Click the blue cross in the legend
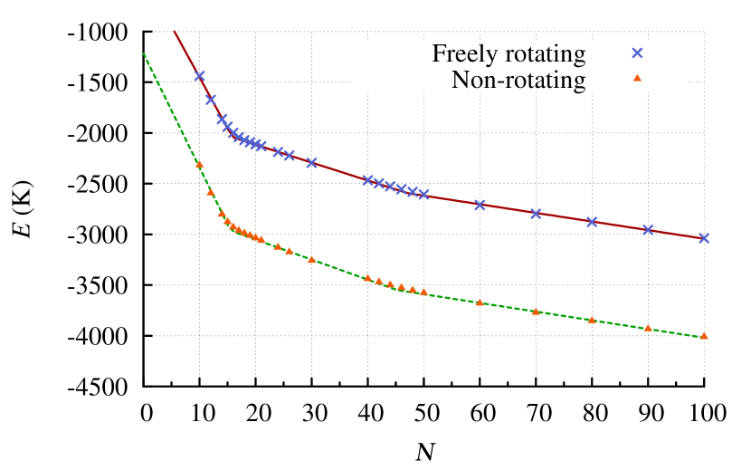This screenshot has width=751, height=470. pyautogui.click(x=637, y=53)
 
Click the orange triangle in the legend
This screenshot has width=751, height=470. pyautogui.click(x=637, y=78)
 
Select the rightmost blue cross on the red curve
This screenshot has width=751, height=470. pyautogui.click(x=704, y=238)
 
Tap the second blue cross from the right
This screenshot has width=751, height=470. pyautogui.click(x=648, y=230)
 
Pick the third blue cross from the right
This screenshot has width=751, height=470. pyautogui.click(x=592, y=222)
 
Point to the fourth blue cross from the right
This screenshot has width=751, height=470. pyautogui.click(x=536, y=214)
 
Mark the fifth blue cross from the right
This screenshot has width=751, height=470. pyautogui.click(x=480, y=205)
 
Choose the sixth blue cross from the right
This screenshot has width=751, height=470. pyautogui.click(x=423, y=195)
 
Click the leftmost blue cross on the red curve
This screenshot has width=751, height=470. pyautogui.click(x=199, y=76)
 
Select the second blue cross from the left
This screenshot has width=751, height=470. pyautogui.click(x=211, y=100)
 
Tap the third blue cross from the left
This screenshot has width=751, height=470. pyautogui.click(x=222, y=120)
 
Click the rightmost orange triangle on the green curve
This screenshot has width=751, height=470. pyautogui.click(x=704, y=336)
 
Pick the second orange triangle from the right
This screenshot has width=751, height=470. pyautogui.click(x=648, y=328)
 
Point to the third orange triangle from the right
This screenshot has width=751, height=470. pyautogui.click(x=592, y=320)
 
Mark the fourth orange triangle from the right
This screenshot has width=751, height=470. pyautogui.click(x=536, y=312)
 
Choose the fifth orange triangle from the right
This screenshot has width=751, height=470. pyautogui.click(x=480, y=302)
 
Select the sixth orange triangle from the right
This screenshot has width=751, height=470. pyautogui.click(x=423, y=292)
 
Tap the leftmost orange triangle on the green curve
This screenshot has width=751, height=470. pyautogui.click(x=199, y=164)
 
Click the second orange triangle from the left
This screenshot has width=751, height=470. pyautogui.click(x=211, y=192)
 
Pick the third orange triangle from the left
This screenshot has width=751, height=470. pyautogui.click(x=222, y=214)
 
